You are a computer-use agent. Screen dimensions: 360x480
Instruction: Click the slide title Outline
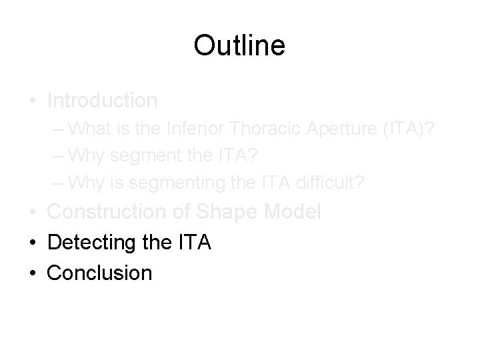tap(239, 45)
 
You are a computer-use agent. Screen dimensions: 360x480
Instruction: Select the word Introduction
tap(103, 101)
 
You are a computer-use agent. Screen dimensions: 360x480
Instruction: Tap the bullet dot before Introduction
tap(33, 101)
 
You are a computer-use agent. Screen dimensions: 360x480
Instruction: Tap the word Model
tap(295, 211)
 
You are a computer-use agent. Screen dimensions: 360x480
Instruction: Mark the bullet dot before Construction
tap(33, 212)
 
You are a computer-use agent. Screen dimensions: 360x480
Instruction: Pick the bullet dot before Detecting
tap(33, 242)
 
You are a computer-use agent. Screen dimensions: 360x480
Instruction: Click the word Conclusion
tap(100, 272)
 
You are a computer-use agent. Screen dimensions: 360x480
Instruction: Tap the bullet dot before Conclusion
tap(33, 272)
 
